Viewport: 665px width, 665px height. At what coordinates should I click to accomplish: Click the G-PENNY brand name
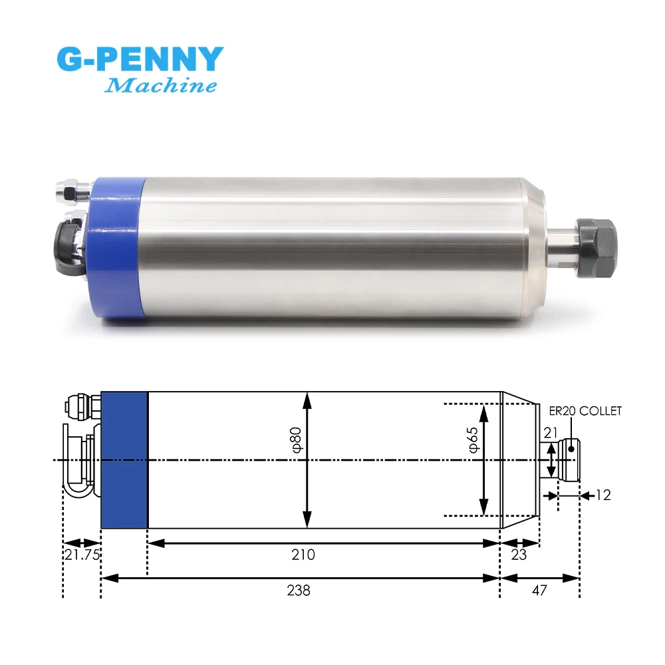point(140,59)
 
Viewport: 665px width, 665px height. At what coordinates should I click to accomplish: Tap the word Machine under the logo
point(161,85)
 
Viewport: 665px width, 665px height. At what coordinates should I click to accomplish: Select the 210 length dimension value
point(303,555)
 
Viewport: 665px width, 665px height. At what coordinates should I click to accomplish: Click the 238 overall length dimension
point(299,591)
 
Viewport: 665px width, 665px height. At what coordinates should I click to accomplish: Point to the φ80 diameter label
point(296,440)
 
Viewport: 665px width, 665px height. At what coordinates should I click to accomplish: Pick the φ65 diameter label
point(473,440)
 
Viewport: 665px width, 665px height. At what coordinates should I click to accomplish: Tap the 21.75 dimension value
point(82,555)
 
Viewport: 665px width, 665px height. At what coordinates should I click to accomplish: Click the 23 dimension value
point(519,555)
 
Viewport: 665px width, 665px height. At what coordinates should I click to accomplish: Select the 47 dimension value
point(539,591)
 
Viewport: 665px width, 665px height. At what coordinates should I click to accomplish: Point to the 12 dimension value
point(603,495)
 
